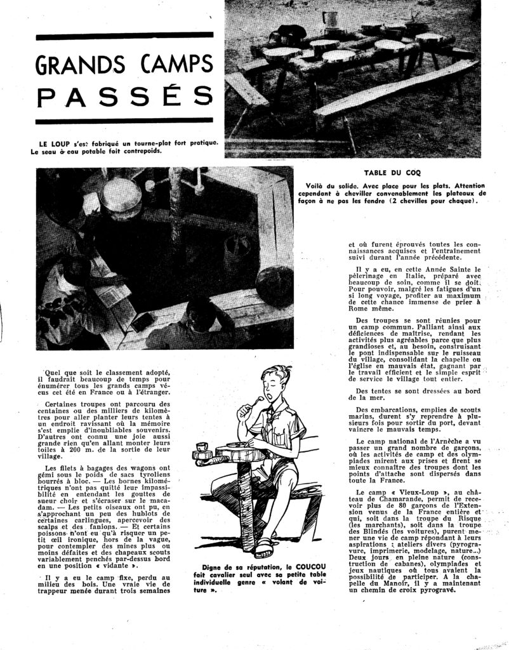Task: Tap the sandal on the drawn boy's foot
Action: [263, 545]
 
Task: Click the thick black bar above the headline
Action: [124, 37]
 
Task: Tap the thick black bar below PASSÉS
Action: [124, 121]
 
